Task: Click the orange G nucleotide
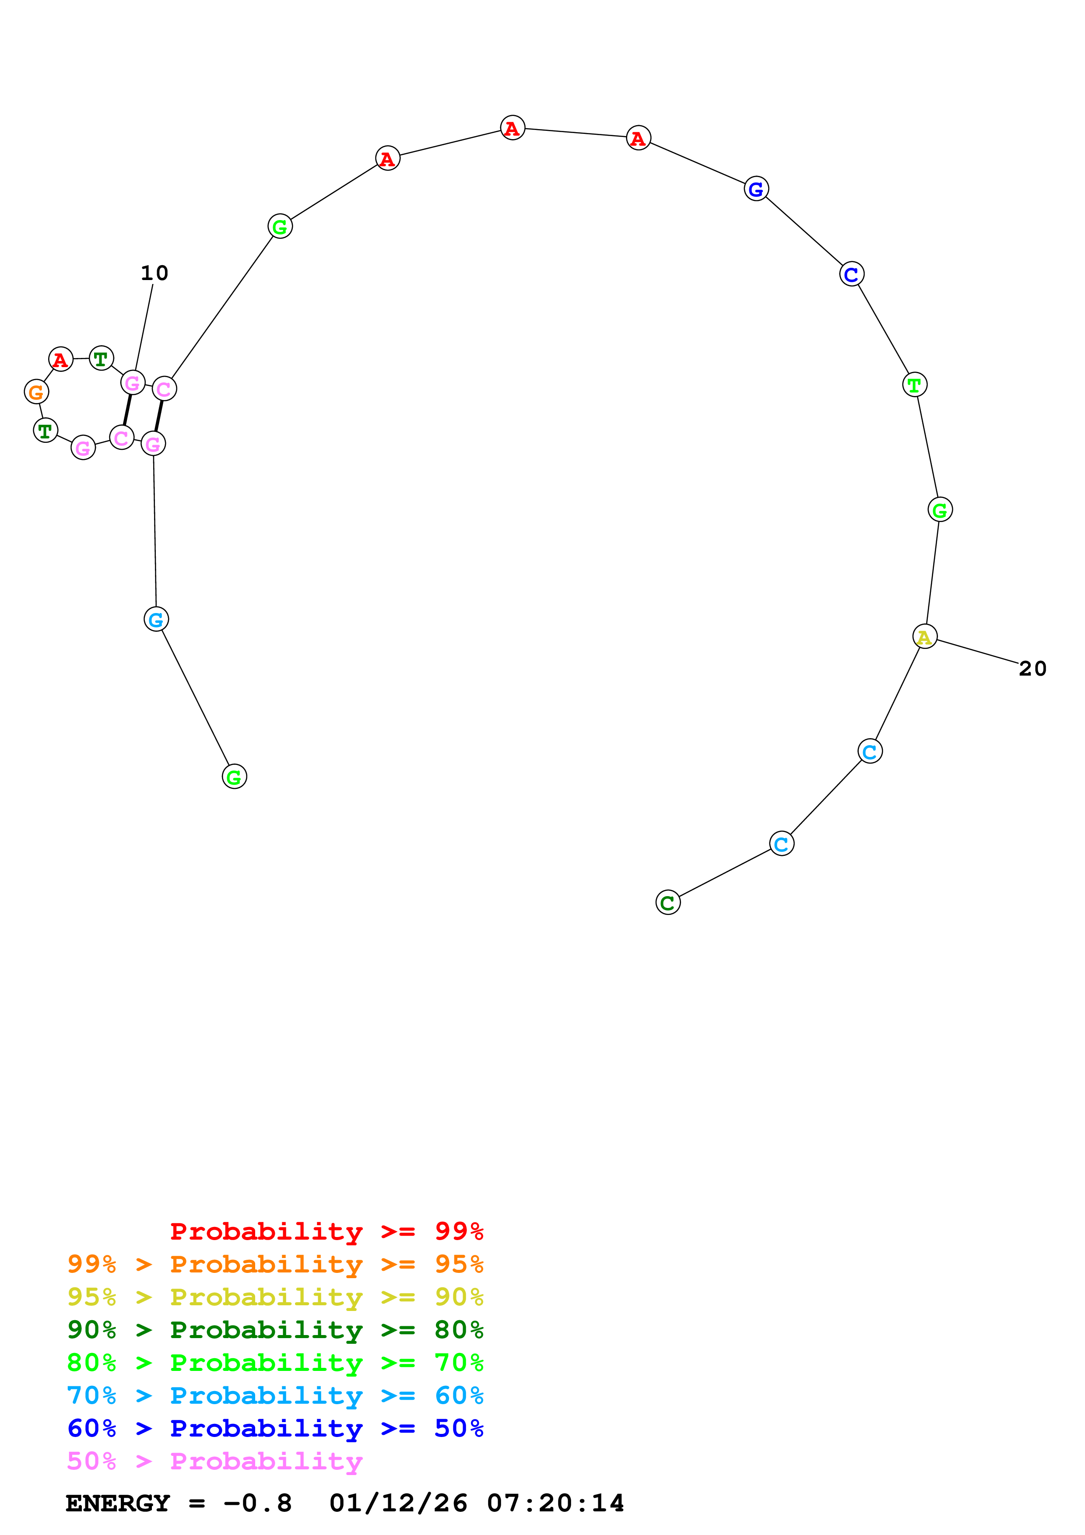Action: pos(36,392)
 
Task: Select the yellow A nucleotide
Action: pos(924,637)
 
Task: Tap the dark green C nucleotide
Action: pos(668,903)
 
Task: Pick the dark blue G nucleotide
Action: pos(756,189)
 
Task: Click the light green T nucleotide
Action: pos(915,385)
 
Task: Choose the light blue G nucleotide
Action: pos(156,620)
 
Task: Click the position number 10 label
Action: pos(154,273)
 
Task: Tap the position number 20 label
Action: pos(1032,669)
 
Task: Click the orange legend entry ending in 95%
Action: pos(275,1264)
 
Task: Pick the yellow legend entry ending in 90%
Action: pos(275,1297)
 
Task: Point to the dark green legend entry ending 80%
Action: pos(275,1330)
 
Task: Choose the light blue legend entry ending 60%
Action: pos(275,1395)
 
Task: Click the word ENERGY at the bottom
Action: pos(118,1503)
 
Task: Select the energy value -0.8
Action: pos(257,1503)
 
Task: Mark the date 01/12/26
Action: pos(398,1503)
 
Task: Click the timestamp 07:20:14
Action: pos(555,1503)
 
